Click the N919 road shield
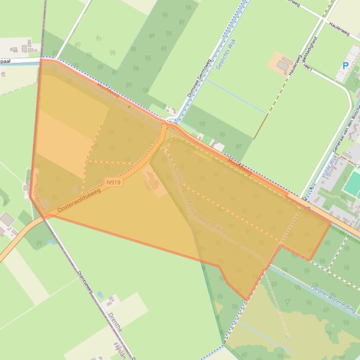pos(113,182)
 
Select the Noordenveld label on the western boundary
pos(40,199)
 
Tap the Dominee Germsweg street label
pos(199,78)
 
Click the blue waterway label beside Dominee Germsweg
pos(226,55)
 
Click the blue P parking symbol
pos(345,66)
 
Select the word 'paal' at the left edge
pos(7,61)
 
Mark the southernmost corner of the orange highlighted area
pos(246,300)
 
